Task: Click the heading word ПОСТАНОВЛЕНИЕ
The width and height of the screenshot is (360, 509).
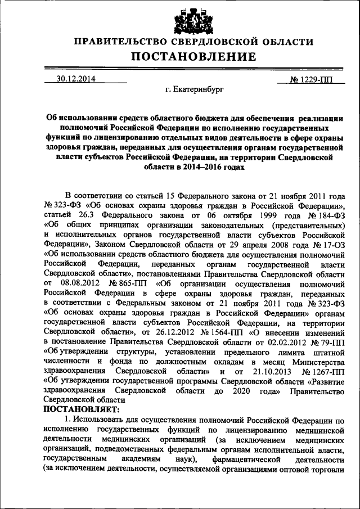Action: [x=193, y=57]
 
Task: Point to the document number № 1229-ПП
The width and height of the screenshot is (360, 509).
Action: [x=310, y=79]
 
